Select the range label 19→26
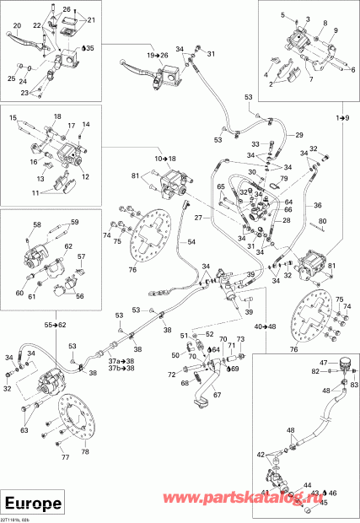(158, 55)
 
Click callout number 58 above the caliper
(37, 224)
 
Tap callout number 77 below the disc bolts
(66, 458)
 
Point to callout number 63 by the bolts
(24, 430)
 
